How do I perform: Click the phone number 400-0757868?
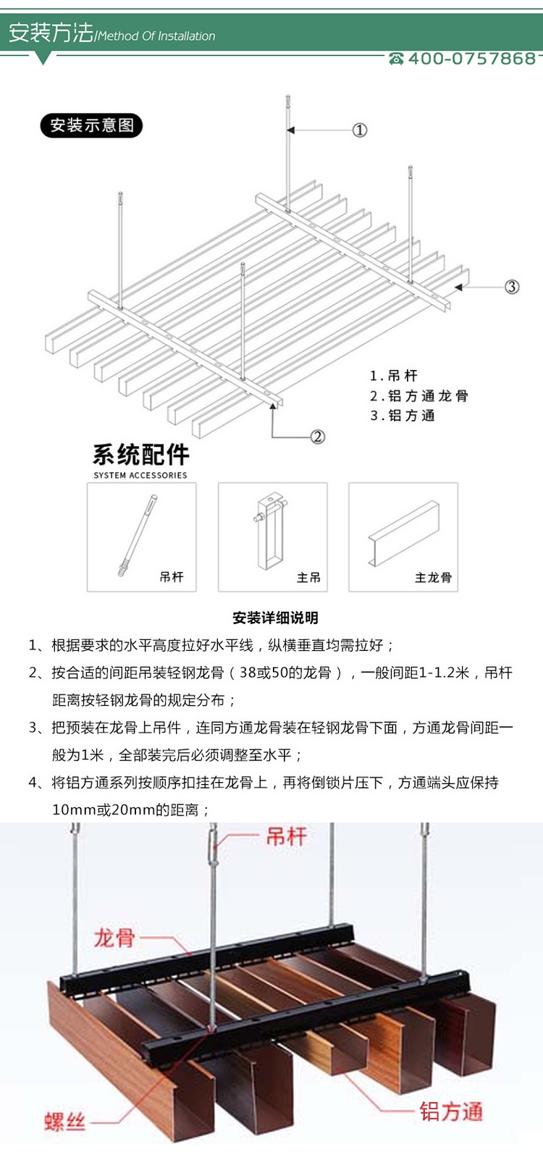[472, 59]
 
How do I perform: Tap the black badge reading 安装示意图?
[92, 125]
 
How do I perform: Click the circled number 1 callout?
[360, 130]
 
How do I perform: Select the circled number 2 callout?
[317, 437]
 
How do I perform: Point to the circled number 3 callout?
[512, 287]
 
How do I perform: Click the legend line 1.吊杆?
[394, 376]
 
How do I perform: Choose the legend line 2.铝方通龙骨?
[419, 396]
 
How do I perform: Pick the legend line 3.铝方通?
[403, 416]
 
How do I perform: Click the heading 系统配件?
[141, 455]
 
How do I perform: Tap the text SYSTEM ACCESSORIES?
[140, 476]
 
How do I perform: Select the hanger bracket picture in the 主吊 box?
[269, 532]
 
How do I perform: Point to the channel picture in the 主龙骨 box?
[403, 532]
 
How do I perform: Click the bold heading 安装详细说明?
[275, 618]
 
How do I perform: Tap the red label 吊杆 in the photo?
[287, 837]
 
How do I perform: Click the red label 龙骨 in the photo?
[114, 938]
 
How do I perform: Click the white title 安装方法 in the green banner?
[51, 33]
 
